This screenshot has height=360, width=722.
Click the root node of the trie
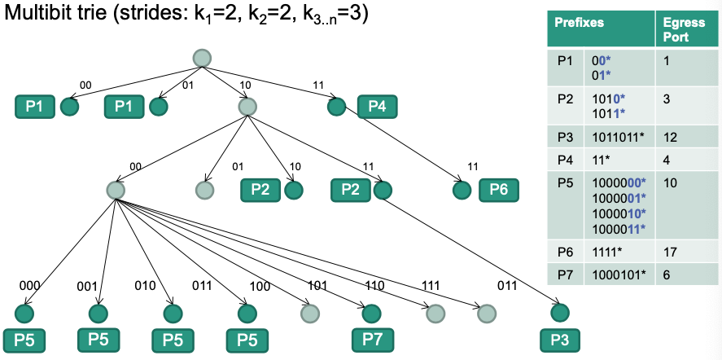pos(202,58)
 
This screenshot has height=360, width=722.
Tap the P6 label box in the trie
pos(498,190)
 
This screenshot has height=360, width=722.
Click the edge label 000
pos(30,287)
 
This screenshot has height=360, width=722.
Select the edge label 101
pos(317,286)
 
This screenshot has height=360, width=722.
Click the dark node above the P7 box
pos(372,313)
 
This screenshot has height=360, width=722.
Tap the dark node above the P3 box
pos(559,313)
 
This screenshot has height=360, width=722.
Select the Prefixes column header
pos(580,24)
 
